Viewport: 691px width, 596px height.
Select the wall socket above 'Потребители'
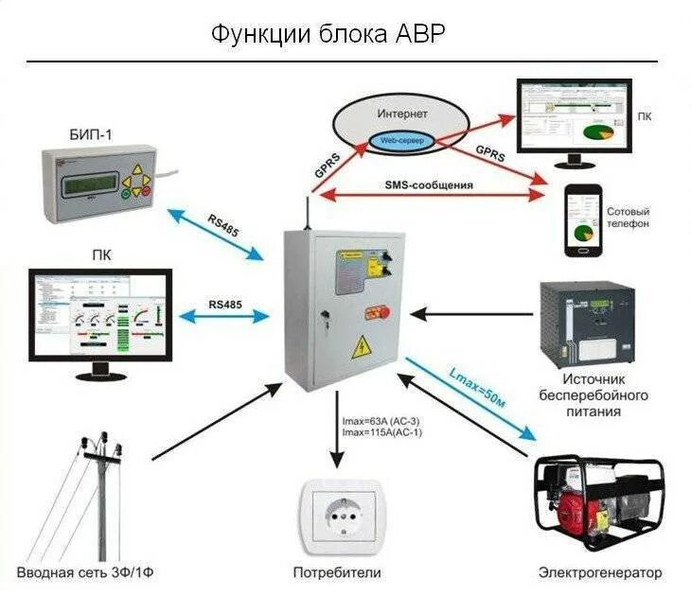tap(338, 516)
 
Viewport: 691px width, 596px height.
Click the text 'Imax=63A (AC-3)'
tap(382, 422)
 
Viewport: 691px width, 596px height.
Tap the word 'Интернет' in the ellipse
tap(402, 114)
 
